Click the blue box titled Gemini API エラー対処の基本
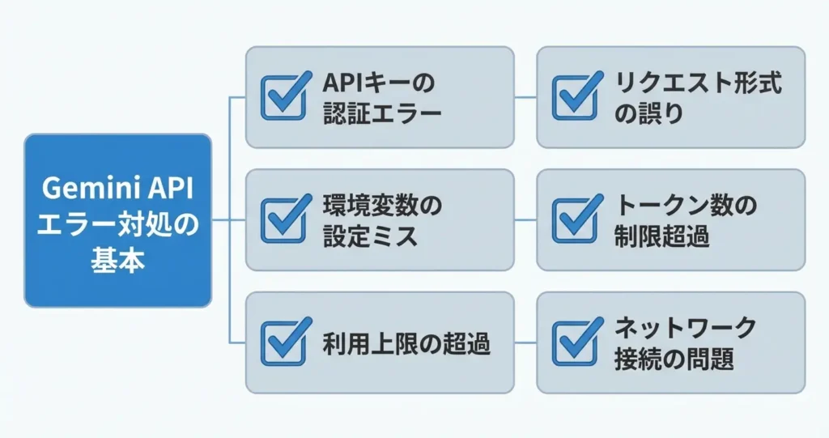tap(117, 220)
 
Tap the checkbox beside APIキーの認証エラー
tap(285, 96)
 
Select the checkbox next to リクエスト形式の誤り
tap(576, 96)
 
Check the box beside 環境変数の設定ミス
tap(285, 219)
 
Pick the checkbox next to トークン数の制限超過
tap(576, 219)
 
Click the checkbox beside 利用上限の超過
tap(285, 342)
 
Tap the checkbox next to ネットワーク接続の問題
tap(576, 342)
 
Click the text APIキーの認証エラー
tap(380, 97)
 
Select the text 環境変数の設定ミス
tap(380, 220)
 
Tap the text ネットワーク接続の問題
tap(685, 343)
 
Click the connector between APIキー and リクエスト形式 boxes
tap(525, 97)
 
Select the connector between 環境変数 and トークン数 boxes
tap(525, 220)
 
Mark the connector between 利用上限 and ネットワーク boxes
tap(525, 343)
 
